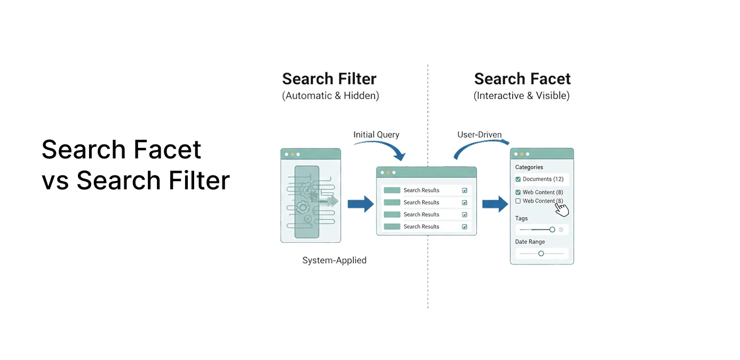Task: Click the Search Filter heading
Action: [329, 79]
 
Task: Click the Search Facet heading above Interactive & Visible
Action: [522, 79]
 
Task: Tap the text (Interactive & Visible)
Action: [521, 96]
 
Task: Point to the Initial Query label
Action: [376, 135]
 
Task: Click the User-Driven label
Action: [479, 135]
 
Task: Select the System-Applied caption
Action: [334, 261]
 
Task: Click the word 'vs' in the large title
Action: [55, 180]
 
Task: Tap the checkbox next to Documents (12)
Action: [518, 179]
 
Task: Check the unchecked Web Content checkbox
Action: [518, 201]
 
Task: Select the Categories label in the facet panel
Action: [529, 167]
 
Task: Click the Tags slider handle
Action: [552, 230]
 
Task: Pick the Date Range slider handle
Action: [541, 254]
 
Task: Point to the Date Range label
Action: [530, 242]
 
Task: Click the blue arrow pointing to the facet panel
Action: [495, 204]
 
